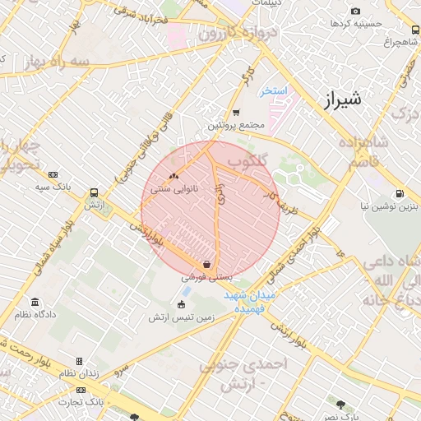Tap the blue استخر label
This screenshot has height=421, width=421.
point(273,90)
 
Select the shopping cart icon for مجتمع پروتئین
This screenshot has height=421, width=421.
point(236,113)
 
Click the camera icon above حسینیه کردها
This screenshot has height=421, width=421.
point(355,11)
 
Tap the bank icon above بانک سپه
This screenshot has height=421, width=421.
point(53,174)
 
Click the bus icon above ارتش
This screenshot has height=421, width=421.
point(95,189)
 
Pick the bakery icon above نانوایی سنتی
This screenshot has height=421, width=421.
point(173,176)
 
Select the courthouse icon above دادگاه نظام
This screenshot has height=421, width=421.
point(35,302)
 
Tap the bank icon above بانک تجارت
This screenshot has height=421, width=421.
point(81,390)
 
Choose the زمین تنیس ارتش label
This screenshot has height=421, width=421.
point(182,317)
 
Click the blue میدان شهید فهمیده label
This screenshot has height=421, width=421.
point(253,301)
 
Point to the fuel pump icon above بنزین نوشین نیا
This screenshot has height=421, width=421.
point(400,194)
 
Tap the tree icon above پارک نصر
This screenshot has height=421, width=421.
point(340,404)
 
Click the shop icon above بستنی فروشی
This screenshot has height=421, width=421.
point(206,265)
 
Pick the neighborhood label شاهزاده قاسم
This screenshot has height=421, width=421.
point(362,151)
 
